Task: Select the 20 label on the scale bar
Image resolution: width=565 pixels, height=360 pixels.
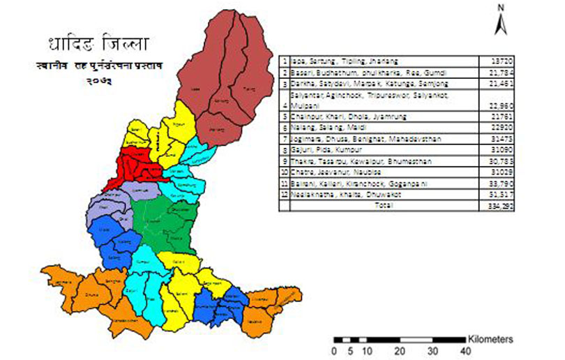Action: coord(400,351)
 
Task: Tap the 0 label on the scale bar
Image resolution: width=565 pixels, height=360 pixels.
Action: coord(335,351)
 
